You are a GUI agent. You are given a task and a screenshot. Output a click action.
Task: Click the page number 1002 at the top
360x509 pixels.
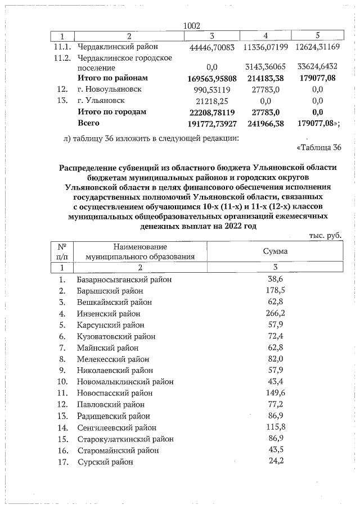(192, 26)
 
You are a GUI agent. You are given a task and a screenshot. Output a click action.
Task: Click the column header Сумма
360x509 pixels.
(275, 251)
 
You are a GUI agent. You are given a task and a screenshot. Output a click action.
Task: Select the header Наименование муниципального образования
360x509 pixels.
(139, 251)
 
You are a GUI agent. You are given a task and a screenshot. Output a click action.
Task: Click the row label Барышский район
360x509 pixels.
(110, 291)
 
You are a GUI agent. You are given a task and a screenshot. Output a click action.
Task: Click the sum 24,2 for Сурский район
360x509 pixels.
(274, 461)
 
